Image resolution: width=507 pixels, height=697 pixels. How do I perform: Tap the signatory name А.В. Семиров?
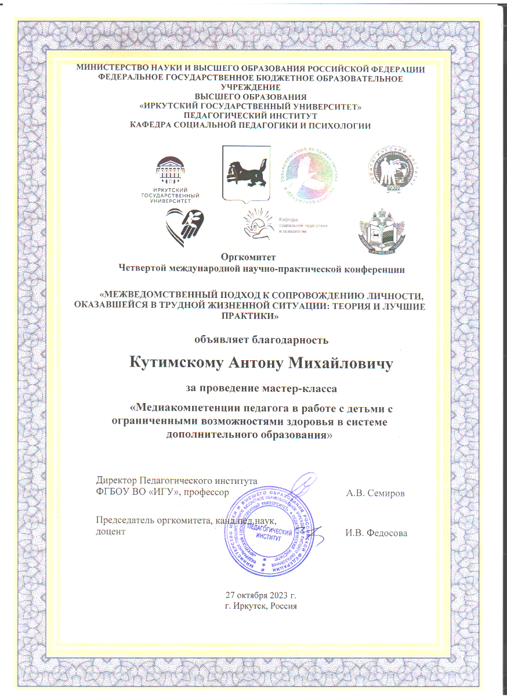point(375,493)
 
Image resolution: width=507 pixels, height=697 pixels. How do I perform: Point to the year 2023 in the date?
point(279,595)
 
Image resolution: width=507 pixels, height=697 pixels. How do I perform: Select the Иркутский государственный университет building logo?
point(178,177)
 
